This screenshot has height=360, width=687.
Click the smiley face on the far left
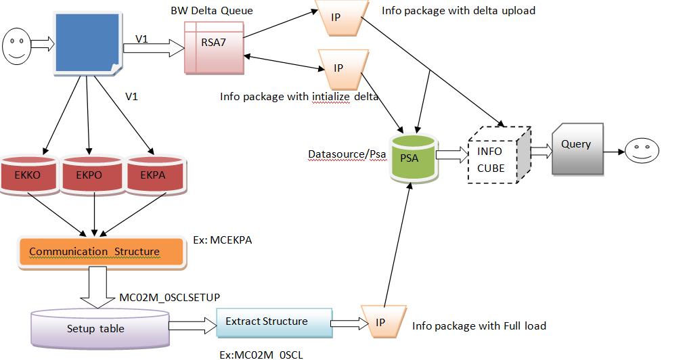coord(16,44)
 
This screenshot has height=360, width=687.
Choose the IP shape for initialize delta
coord(339,68)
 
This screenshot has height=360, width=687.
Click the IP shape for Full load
coord(381,322)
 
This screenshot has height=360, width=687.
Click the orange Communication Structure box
coord(101,252)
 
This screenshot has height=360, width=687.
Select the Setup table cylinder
coord(100,328)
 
